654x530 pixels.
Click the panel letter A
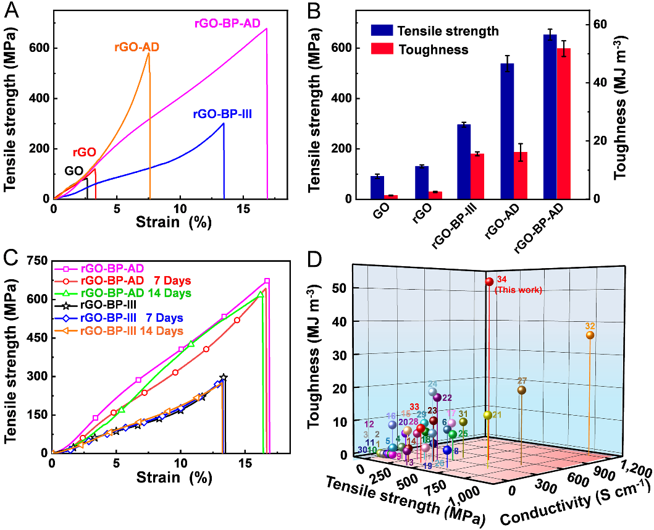tap(11, 10)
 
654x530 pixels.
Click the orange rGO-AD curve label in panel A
tap(137, 46)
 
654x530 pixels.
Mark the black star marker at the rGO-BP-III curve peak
tap(224, 377)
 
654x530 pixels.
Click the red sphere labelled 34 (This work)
tap(489, 282)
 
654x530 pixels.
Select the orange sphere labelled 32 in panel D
tap(590, 335)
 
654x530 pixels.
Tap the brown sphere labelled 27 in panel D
tap(521, 390)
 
